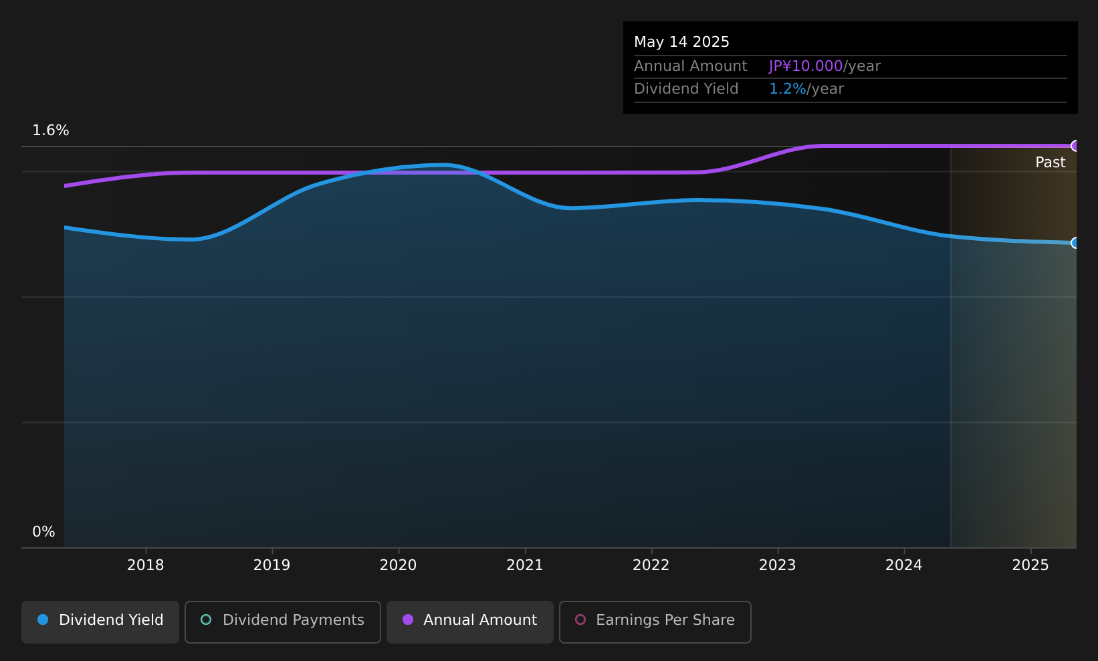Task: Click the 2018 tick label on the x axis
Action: (x=146, y=565)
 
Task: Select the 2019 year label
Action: (x=272, y=565)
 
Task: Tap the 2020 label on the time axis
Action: (x=399, y=565)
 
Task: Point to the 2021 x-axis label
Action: (x=525, y=565)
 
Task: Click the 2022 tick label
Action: (x=651, y=565)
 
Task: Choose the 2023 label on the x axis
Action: (x=778, y=565)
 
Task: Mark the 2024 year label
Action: (x=904, y=565)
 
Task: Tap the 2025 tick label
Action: (x=1031, y=565)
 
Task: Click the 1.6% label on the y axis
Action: (x=51, y=130)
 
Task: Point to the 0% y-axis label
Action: (x=43, y=532)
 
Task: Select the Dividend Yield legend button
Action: (x=100, y=622)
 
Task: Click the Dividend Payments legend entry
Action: (x=283, y=622)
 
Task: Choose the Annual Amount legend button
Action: (x=470, y=622)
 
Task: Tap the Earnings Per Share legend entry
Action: (x=655, y=622)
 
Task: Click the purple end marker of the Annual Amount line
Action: (x=1075, y=146)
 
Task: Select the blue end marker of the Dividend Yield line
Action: (x=1075, y=243)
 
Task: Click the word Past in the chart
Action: (x=1051, y=163)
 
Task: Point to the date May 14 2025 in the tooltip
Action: (x=682, y=42)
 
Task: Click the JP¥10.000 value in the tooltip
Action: (x=806, y=66)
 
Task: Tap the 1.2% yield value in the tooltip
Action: (x=787, y=89)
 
